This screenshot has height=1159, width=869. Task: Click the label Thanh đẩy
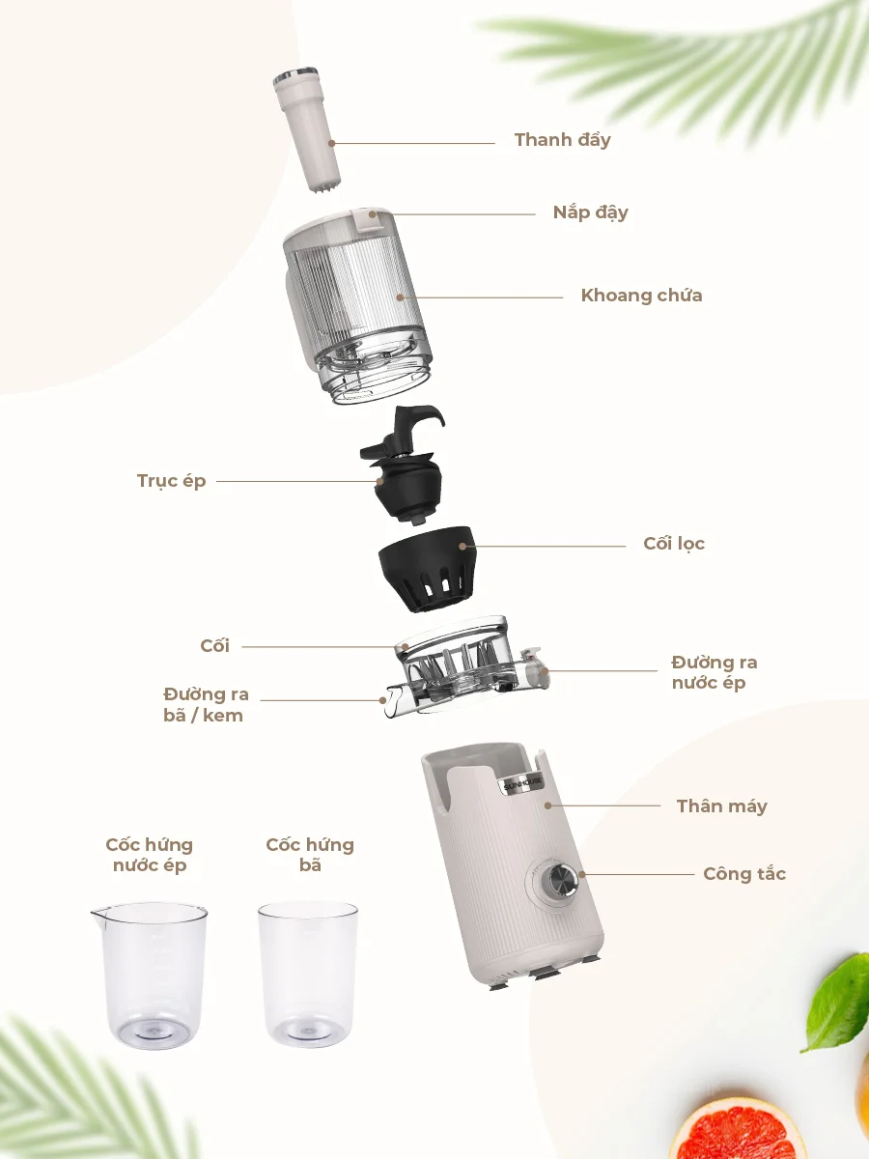(563, 140)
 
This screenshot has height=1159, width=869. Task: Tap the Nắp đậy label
(590, 212)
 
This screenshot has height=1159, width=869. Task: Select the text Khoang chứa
(641, 296)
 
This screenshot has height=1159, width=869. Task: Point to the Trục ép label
(172, 481)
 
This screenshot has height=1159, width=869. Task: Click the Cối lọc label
(674, 544)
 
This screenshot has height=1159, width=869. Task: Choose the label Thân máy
(722, 806)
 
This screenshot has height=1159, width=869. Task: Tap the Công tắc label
(744, 874)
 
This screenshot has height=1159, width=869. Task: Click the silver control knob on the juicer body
(557, 880)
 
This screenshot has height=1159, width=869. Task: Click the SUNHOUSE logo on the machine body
(523, 784)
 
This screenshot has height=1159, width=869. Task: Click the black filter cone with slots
(428, 569)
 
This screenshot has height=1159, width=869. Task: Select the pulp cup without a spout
(308, 975)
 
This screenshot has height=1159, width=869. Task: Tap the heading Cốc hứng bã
(310, 856)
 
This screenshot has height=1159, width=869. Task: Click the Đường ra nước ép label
(715, 672)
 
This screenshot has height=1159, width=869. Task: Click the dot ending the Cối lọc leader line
(463, 546)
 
